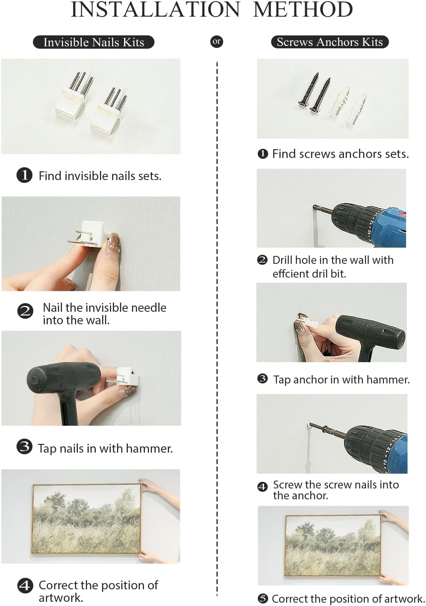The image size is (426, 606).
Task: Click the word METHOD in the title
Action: coord(303,10)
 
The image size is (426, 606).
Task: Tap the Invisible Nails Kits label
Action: coord(94,42)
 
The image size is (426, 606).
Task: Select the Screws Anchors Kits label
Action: coord(330,42)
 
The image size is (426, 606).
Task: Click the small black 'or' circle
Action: coord(217,42)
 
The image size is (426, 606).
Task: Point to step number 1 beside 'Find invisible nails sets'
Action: coord(24,175)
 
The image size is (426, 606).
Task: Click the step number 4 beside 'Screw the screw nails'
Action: coord(262,487)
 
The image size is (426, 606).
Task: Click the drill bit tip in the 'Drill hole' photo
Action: coord(314,208)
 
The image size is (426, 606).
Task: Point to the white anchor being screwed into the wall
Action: coord(308,424)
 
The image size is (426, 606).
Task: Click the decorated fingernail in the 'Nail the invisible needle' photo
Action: coord(115,243)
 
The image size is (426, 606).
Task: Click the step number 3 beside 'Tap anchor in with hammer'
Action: coord(262,379)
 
